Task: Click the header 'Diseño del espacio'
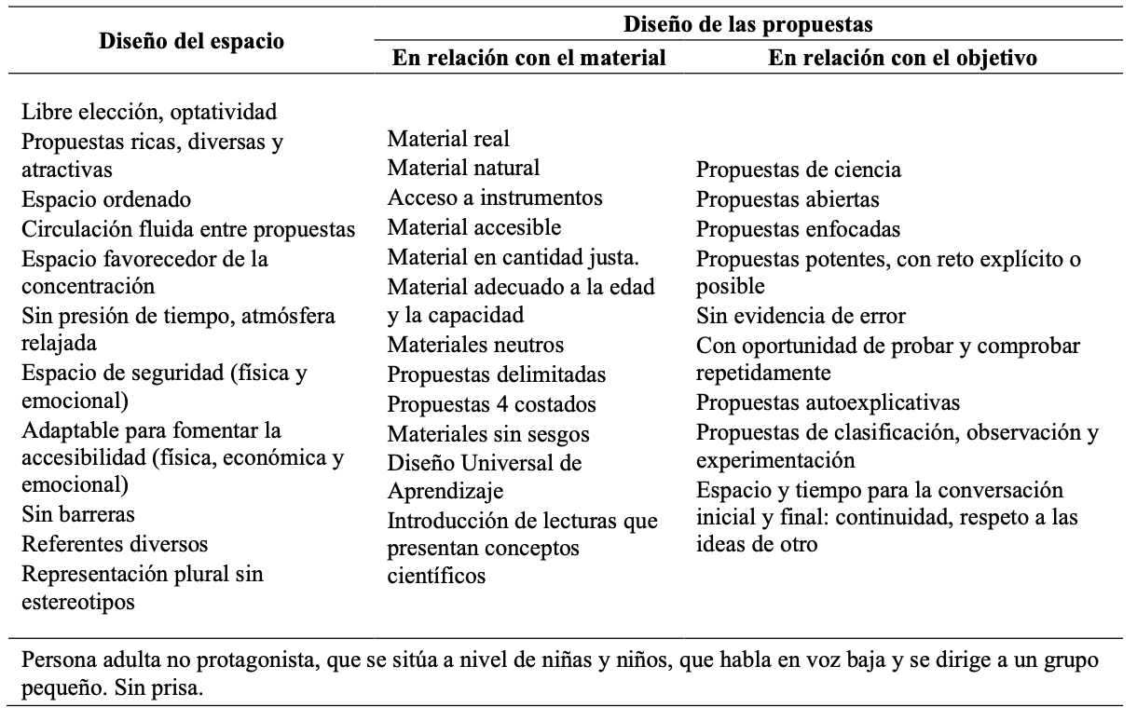tap(192, 42)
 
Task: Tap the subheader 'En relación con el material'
tap(529, 58)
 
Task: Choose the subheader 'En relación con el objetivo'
tap(903, 58)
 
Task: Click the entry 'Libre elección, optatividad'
tap(150, 113)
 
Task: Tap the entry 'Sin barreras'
tap(77, 514)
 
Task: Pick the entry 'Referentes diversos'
tap(115, 543)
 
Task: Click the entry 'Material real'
tap(449, 140)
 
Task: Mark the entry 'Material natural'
tap(463, 169)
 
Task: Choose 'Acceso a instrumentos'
tap(495, 197)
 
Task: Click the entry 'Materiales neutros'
tap(475, 345)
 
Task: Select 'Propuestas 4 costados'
tap(492, 403)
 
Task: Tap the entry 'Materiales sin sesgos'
tap(488, 433)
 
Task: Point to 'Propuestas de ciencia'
tap(799, 170)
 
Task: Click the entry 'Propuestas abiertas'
tap(788, 199)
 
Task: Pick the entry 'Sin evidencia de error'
tap(801, 316)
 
